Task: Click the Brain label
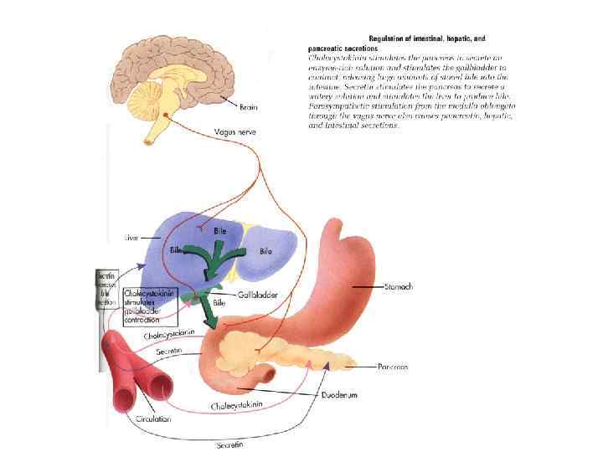[x=249, y=107]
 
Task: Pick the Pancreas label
[x=389, y=367]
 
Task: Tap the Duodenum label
[x=341, y=393]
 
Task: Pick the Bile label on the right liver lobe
[x=265, y=250]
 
